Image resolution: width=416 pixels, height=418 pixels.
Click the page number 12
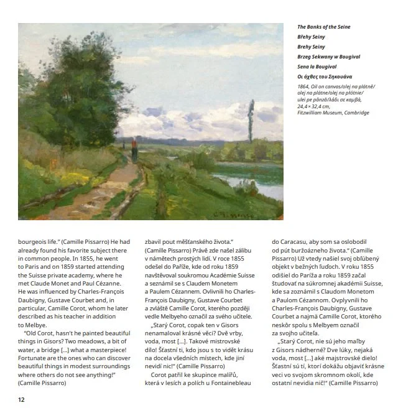coord(21,399)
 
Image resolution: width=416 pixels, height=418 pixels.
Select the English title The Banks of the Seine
coord(323,27)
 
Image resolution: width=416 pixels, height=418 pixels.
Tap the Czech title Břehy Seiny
coord(312,37)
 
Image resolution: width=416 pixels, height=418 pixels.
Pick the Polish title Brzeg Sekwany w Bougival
coord(327,57)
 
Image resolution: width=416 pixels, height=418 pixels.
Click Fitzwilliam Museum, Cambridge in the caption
coord(333,113)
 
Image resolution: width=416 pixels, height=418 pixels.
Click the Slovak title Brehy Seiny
coord(312,47)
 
